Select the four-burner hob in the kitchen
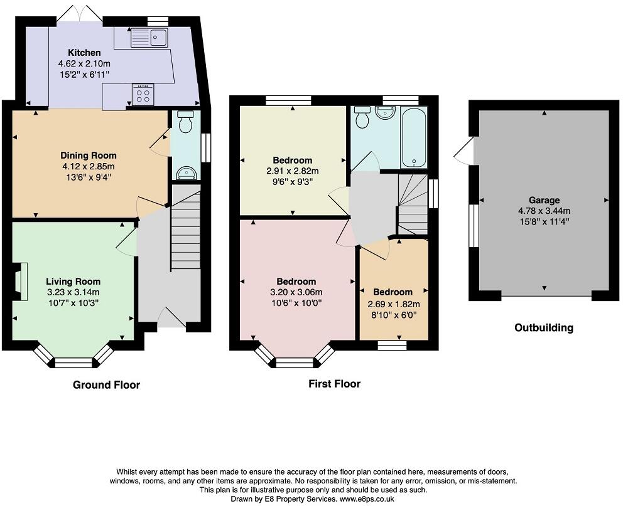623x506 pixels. [143, 95]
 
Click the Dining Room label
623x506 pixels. [88, 155]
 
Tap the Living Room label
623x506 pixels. [73, 282]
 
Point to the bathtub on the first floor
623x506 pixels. [414, 137]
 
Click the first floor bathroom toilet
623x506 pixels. [362, 117]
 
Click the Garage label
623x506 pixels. [543, 201]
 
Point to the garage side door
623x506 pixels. [465, 151]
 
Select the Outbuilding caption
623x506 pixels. [543, 327]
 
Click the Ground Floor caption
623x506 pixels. [106, 384]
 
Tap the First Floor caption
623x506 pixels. [334, 384]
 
